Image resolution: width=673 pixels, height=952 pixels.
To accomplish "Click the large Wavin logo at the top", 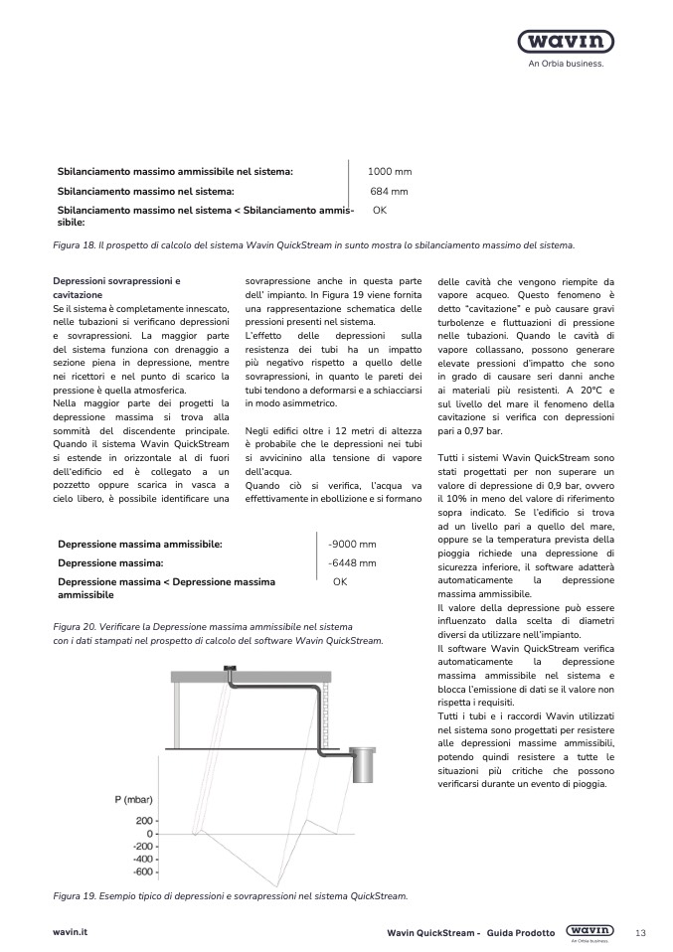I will pos(565,42).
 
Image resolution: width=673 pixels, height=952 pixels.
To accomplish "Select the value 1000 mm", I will pos(390,172).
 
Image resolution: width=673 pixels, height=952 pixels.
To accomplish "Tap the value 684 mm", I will pos(390,191).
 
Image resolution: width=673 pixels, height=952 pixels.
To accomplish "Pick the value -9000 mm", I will pos(352,545).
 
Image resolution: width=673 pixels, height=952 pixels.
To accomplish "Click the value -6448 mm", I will pos(352,563).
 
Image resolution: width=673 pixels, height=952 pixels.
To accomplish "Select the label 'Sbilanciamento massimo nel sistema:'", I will pos(146,191).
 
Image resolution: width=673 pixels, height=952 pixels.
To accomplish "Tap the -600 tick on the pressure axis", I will pos(142,872).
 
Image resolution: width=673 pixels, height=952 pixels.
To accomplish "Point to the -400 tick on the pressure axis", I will pos(142,859).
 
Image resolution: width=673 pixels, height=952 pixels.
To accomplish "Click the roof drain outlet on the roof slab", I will pos(230,668).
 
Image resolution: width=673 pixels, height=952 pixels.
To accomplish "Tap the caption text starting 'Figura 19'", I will pos(230,896).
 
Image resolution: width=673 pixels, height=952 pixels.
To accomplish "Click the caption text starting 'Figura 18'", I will pos(313,244).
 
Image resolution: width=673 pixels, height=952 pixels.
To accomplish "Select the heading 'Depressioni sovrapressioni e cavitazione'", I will pos(116,289).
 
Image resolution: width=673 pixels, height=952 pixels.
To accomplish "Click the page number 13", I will pos(640,932).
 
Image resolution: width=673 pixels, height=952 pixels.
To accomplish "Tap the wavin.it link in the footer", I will pos(71,932).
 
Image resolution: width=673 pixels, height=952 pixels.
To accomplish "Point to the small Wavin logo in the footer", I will pos(589,931).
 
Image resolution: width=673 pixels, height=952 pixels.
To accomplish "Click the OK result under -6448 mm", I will pos(340,582).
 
